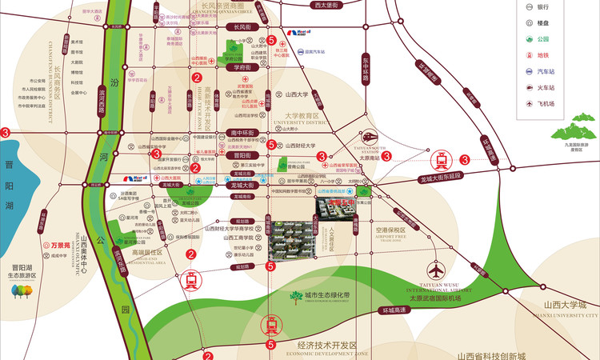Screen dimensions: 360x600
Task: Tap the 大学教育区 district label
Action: click(306, 116)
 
